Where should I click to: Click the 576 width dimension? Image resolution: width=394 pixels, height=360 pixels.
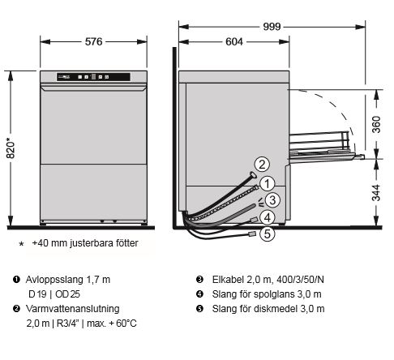93,41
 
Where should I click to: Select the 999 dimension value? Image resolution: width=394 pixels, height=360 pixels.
272,27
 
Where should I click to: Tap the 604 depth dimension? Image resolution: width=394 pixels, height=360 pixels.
234,41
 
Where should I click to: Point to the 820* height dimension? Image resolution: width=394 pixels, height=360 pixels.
11,148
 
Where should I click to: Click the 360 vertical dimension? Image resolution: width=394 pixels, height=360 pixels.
376,124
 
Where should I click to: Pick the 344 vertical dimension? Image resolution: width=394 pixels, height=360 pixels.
376,193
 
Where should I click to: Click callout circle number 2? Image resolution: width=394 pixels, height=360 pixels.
262,164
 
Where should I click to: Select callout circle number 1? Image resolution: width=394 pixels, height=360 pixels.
267,183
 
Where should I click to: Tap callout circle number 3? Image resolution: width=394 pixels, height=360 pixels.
272,200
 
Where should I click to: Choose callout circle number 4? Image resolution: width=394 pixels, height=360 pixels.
268,217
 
